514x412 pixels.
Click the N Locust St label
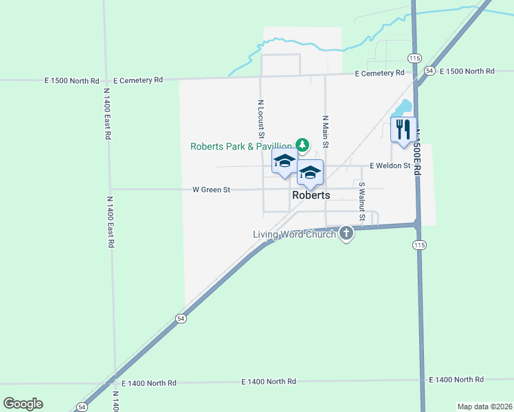261,121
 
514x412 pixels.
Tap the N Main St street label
326,132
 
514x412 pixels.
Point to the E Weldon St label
390,165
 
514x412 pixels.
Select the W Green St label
211,190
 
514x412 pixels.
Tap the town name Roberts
311,195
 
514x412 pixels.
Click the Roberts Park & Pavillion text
241,146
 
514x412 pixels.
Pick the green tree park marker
302,144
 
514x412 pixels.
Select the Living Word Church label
294,234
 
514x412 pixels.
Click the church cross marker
346,234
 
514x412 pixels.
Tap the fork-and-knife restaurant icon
403,128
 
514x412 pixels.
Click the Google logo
23,404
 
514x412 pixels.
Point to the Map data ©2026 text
484,407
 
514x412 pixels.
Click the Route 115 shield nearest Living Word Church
418,245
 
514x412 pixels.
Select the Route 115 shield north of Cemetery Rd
414,58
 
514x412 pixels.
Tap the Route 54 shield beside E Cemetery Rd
429,71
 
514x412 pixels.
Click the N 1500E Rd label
416,151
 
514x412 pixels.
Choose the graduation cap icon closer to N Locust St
284,161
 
